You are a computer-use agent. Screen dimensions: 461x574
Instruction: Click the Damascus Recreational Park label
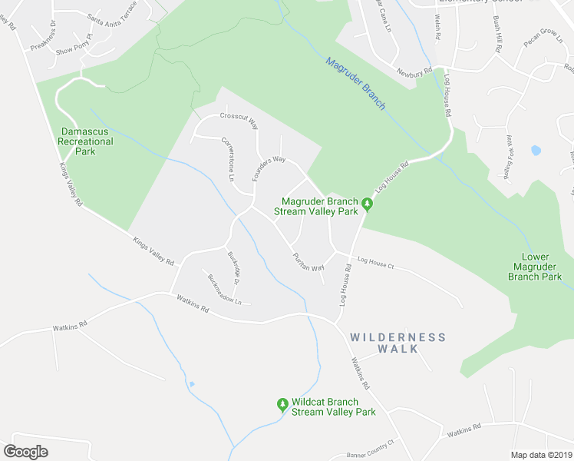point(87,141)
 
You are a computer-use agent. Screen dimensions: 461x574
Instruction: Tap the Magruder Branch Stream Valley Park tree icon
point(368,204)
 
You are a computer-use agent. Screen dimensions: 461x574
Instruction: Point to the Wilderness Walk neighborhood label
point(398,343)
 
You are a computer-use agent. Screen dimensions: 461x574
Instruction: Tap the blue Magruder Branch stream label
point(355,83)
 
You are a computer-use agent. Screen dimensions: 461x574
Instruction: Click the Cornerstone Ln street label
point(227,159)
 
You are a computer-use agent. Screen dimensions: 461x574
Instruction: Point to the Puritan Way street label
point(308,261)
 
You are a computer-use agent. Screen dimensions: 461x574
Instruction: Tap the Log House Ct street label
point(375,265)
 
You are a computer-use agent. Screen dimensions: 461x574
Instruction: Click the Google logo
point(26,452)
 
